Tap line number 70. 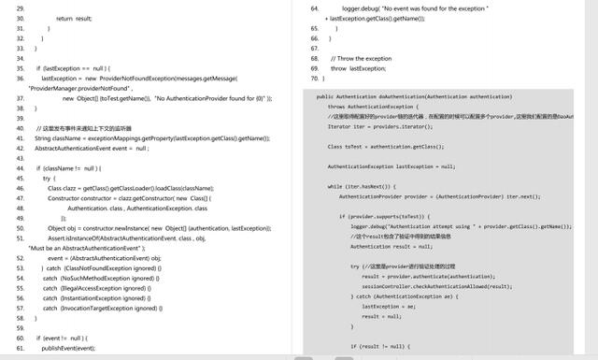coord(316,79)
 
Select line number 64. coord(316,7)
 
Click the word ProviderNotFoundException coord(125,79)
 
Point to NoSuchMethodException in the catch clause coord(101,279)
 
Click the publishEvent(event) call coord(69,347)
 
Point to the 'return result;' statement coord(74,18)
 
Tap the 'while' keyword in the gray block coord(335,186)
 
